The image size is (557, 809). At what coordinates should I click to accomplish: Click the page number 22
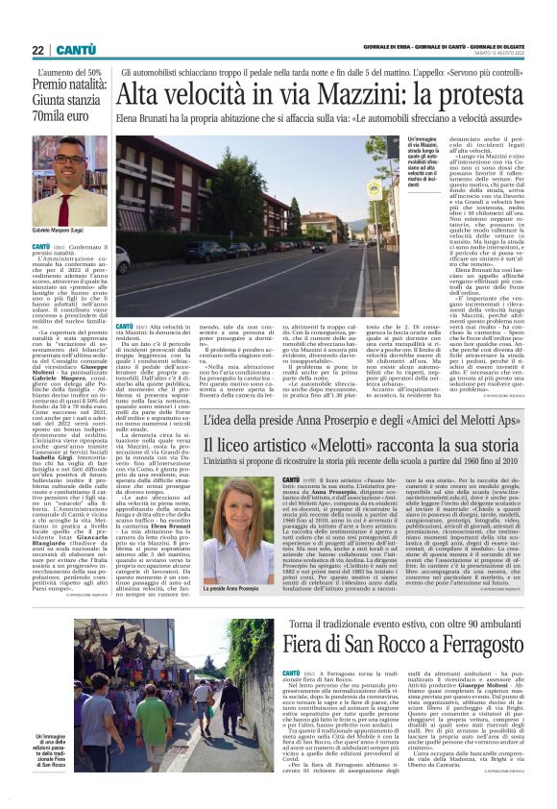click(x=36, y=51)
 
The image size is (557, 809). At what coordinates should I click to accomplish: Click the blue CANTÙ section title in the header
click(x=74, y=51)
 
